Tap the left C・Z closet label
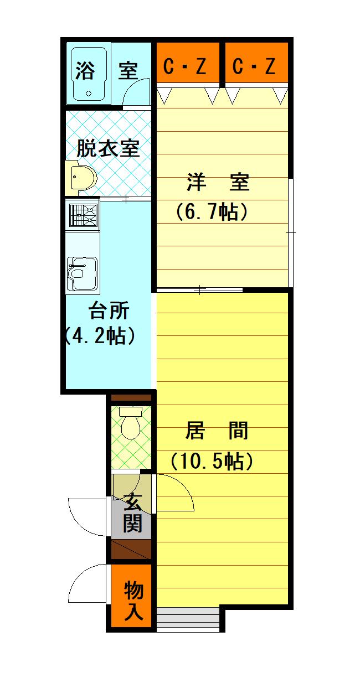[x=186, y=66]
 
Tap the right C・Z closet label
[x=254, y=66]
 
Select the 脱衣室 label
[x=108, y=148]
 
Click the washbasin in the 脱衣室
[x=83, y=177]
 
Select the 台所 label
[x=109, y=312]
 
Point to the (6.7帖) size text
[x=211, y=211]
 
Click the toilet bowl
[x=131, y=425]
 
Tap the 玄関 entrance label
[x=132, y=512]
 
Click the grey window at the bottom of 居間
[x=188, y=619]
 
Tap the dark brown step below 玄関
[x=131, y=549]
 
